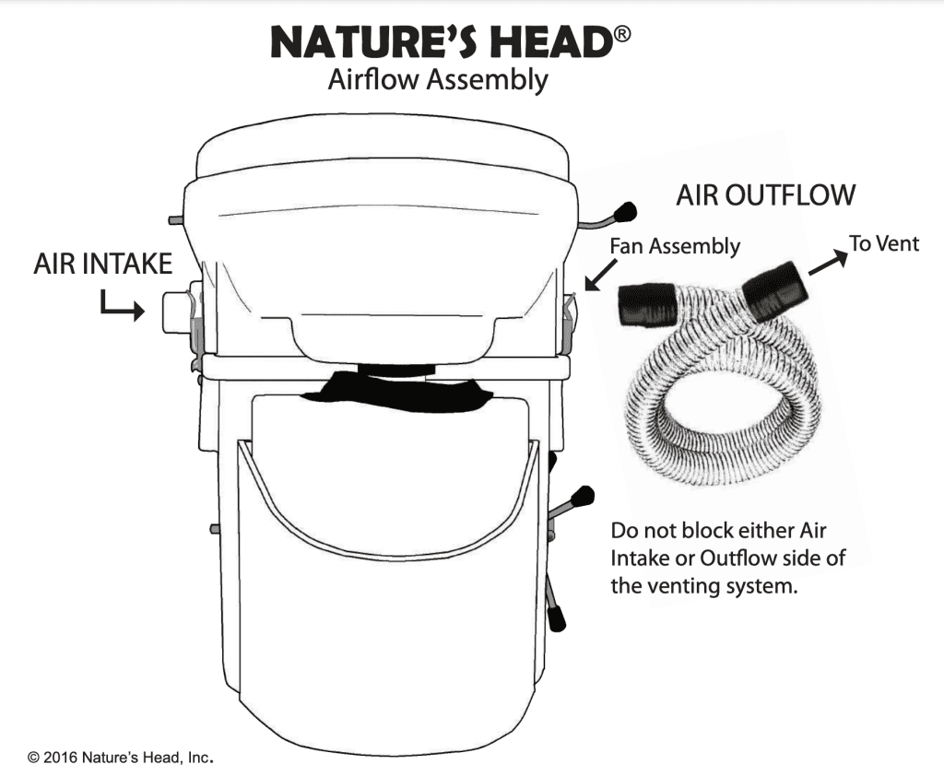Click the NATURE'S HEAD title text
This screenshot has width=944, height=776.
click(440, 42)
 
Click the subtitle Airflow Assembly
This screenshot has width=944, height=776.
click(438, 80)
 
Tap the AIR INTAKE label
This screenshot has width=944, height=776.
click(102, 264)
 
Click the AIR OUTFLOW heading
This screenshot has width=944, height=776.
click(766, 195)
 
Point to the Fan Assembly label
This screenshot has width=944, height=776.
click(676, 246)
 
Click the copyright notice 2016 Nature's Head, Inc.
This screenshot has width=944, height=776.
click(121, 758)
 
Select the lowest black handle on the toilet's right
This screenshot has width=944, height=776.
click(556, 616)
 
